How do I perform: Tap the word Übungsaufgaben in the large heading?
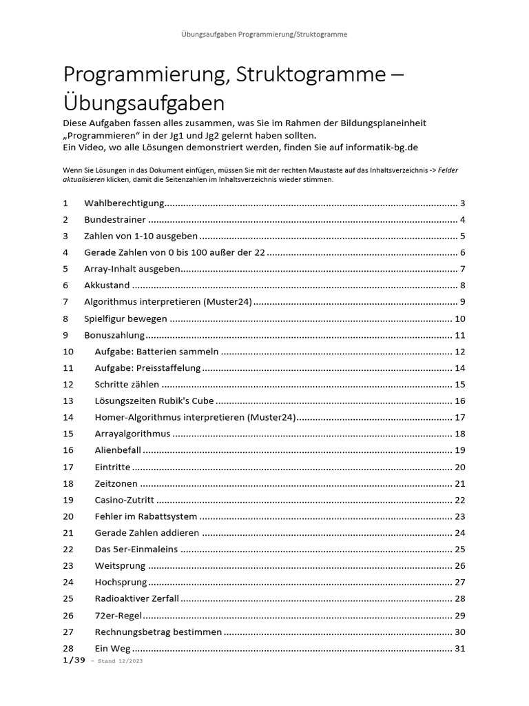pos(144,103)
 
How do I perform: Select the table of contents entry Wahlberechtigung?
pos(124,203)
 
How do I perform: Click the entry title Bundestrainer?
pos(115,220)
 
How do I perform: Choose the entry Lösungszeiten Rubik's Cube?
pos(154,401)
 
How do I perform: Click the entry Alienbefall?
pos(117,450)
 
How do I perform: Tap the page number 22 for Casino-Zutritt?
pos(460,500)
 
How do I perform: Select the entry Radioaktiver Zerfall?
pos(137,598)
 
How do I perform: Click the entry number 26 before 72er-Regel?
pos(68,615)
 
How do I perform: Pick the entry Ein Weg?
pos(112,648)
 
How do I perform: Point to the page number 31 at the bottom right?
pos(460,648)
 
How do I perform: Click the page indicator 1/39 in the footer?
pos(74,660)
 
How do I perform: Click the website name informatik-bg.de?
pos(378,147)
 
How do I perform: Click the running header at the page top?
pos(264,33)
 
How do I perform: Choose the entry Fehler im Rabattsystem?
pos(145,516)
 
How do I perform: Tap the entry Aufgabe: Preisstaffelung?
pos(147,368)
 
